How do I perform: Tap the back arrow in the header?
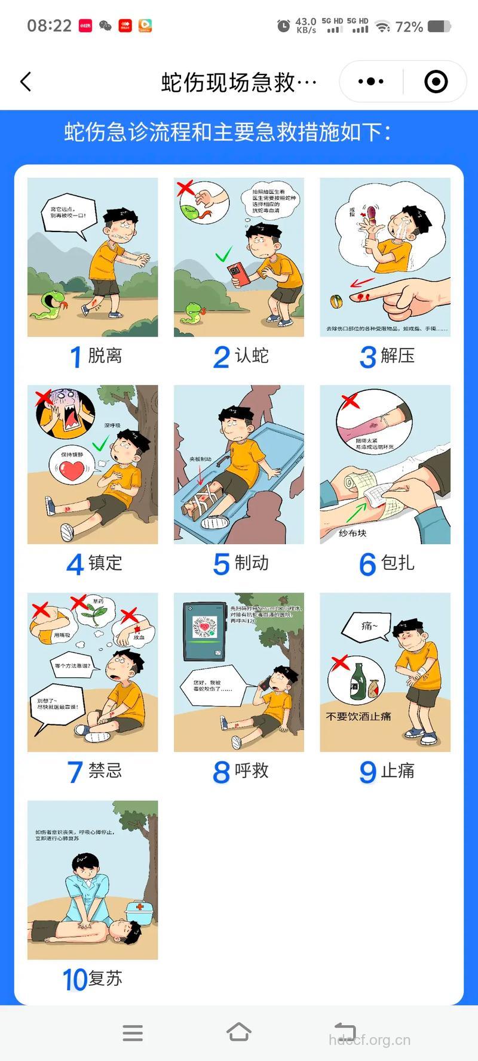[26, 82]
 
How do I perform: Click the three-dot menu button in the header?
[370, 82]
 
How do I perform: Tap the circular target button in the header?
[436, 82]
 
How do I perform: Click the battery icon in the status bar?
[439, 26]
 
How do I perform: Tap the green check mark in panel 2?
[223, 256]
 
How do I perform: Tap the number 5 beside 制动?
[221, 564]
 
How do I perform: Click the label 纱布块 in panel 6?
[352, 533]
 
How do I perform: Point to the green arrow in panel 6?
[356, 511]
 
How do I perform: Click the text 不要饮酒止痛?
[358, 716]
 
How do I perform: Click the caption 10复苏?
[93, 979]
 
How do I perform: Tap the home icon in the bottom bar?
[238, 1032]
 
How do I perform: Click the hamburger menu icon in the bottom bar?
[133, 1032]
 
